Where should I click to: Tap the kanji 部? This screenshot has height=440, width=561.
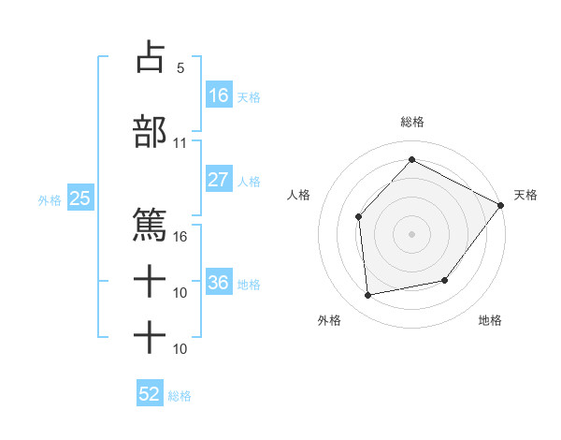[x=150, y=132]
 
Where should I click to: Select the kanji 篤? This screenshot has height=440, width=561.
[x=150, y=226]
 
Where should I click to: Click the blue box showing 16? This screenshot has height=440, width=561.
[x=219, y=95]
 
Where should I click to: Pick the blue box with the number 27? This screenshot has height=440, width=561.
[x=219, y=180]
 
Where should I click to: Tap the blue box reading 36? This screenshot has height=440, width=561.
[x=219, y=283]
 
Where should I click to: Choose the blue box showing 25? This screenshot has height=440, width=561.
[x=79, y=198]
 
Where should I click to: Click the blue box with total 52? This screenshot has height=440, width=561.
[x=150, y=394]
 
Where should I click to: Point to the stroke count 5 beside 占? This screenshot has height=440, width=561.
[x=180, y=68]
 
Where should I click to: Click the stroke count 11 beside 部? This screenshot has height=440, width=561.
[x=180, y=143]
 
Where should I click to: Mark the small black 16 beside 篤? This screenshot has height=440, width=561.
[x=180, y=237]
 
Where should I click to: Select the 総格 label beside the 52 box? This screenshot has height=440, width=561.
[x=180, y=396]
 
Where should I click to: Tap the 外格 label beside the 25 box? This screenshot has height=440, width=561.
[x=50, y=199]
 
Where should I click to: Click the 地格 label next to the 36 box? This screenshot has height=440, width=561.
[x=249, y=284]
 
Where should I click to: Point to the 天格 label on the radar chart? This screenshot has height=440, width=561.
[x=525, y=195]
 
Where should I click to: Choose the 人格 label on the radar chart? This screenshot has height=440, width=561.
[x=298, y=195]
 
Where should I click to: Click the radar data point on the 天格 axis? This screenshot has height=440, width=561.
[x=500, y=205]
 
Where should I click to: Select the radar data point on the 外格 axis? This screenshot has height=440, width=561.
[x=368, y=296]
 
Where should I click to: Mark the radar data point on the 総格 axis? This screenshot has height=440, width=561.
[x=411, y=159]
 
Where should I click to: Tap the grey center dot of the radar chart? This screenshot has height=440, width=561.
[x=411, y=233]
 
